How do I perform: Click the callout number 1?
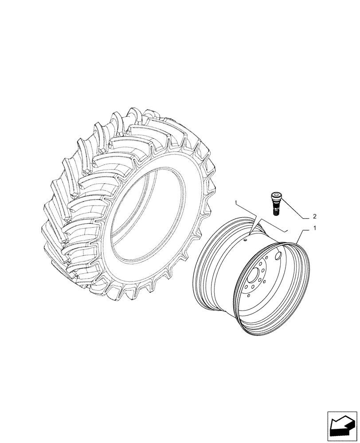click(x=315, y=228)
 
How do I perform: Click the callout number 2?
click(x=314, y=217)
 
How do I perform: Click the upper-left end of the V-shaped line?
click(x=237, y=202)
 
